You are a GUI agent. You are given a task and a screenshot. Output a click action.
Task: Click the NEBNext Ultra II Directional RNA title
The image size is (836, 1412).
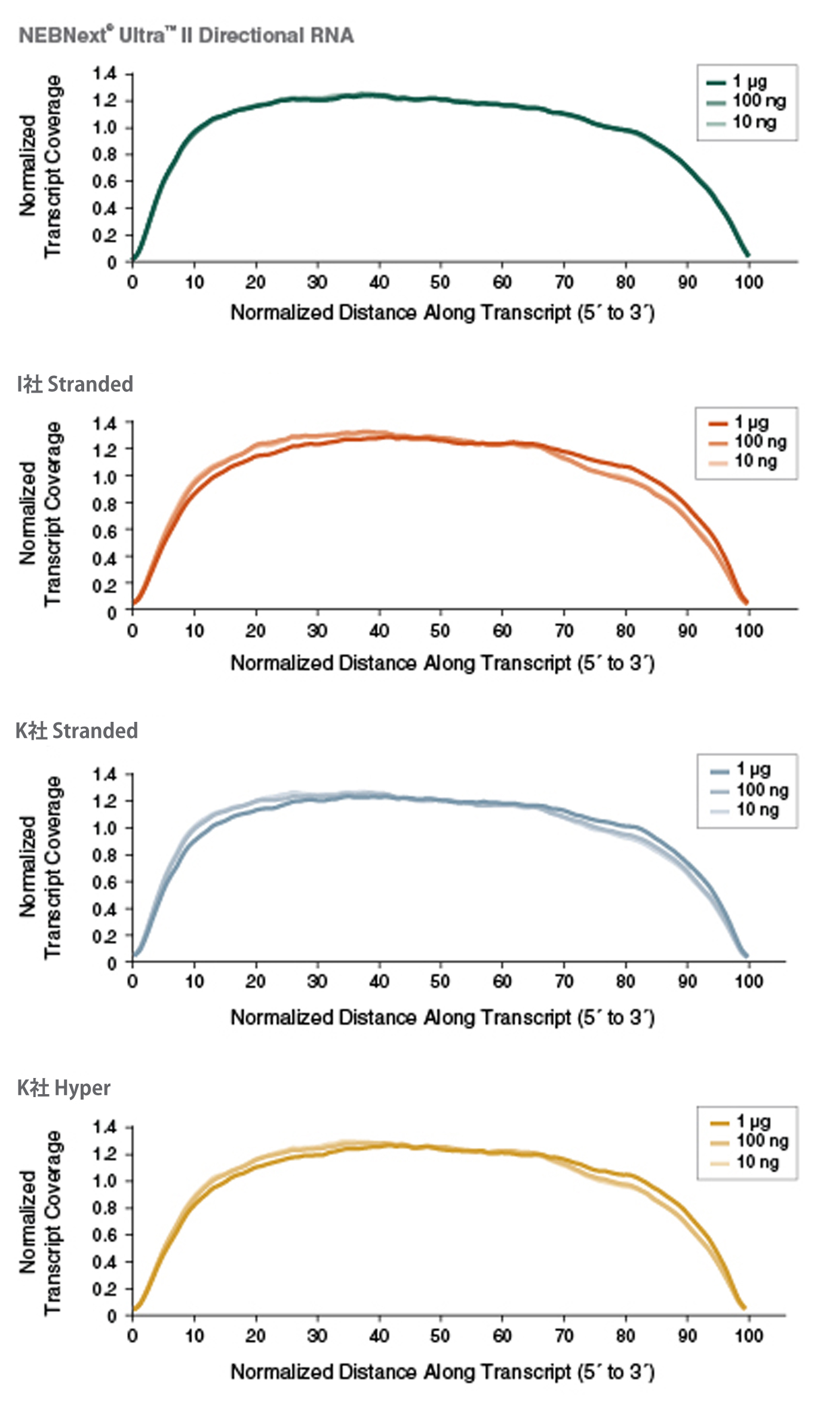pyautogui.click(x=186, y=36)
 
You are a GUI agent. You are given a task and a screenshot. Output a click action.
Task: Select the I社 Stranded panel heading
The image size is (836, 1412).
pyautogui.click(x=75, y=384)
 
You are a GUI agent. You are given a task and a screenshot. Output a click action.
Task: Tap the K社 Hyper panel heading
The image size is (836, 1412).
pyautogui.click(x=64, y=1088)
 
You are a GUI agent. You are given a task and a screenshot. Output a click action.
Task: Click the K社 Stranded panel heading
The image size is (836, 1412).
pyautogui.click(x=76, y=731)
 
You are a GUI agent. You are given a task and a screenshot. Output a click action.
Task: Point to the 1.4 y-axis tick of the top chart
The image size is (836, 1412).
pyautogui.click(x=105, y=74)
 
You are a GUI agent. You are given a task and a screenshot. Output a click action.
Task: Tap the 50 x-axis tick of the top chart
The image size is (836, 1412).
pyautogui.click(x=440, y=282)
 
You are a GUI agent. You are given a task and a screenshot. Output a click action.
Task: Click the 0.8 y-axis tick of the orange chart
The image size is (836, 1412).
pyautogui.click(x=105, y=504)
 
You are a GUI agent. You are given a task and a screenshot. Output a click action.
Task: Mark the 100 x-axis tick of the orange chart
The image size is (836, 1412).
pyautogui.click(x=748, y=631)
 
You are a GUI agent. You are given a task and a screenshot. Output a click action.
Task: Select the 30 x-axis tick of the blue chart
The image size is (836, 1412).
pyautogui.click(x=317, y=981)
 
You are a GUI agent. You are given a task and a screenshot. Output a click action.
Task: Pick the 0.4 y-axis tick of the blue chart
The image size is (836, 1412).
pyautogui.click(x=105, y=909)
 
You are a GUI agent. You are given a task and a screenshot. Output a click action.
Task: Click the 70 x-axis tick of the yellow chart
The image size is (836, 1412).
pyautogui.click(x=564, y=1336)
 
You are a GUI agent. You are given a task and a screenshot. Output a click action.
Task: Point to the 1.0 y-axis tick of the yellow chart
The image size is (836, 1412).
pyautogui.click(x=105, y=1181)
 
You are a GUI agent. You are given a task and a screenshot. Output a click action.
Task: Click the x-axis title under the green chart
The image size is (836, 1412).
pyautogui.click(x=442, y=313)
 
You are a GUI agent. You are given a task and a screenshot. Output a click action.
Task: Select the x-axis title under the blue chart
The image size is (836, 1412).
pyautogui.click(x=442, y=1017)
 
